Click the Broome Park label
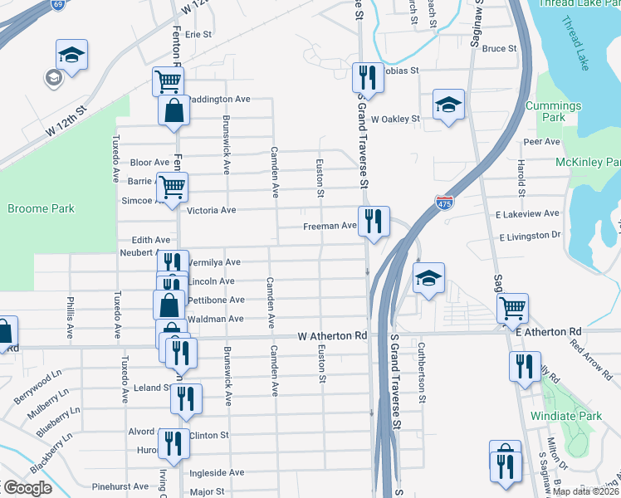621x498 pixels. pos(40,207)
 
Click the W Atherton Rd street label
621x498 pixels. pos(333,336)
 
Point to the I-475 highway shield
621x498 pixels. pos(444,202)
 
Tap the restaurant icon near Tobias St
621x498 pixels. pos(366,79)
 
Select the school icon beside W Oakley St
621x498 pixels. pos(448,105)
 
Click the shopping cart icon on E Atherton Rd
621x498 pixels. pos(513,309)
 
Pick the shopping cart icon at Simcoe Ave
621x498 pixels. pos(171,188)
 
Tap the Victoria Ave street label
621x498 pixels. pos(212,211)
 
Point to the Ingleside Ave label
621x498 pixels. pos(217,472)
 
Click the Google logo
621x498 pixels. pos(27,488)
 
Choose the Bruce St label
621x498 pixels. pos(500,49)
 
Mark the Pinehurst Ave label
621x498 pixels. pos(120,486)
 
